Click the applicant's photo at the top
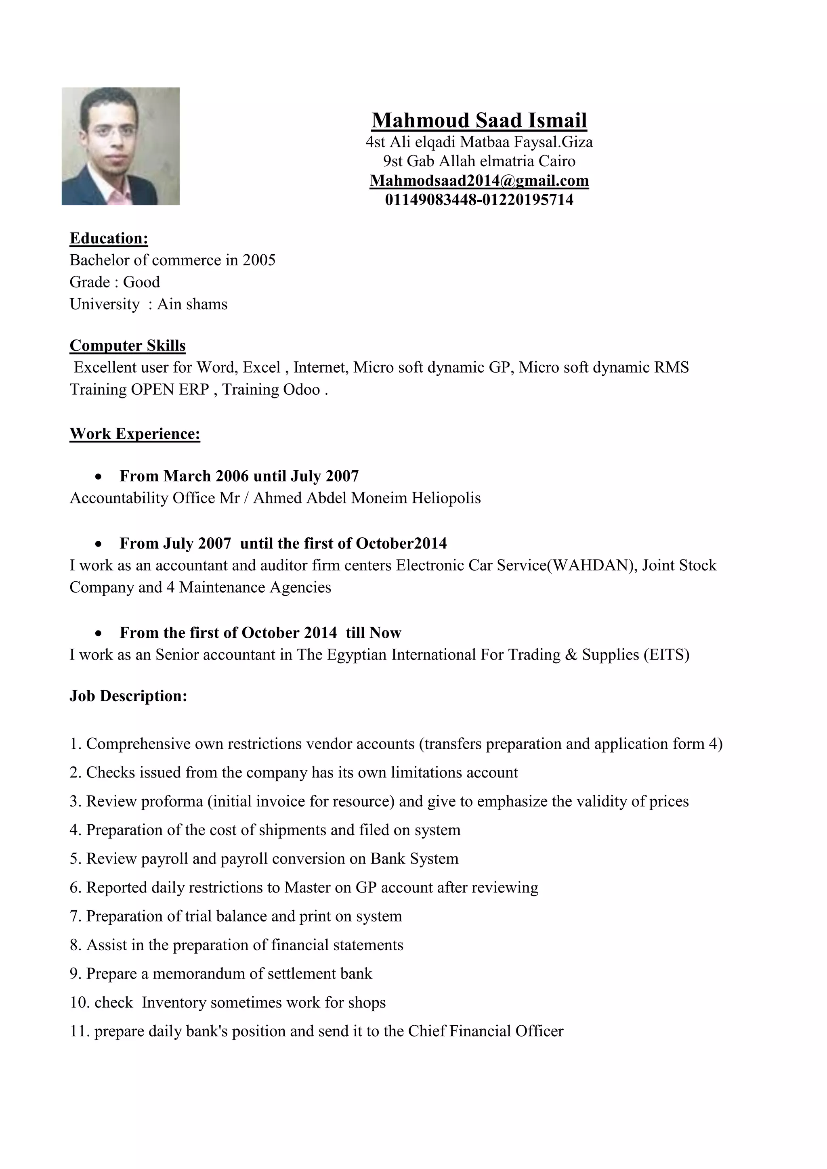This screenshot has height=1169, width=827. click(120, 146)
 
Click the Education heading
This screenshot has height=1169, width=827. click(109, 238)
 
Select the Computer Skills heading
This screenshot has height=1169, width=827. click(127, 345)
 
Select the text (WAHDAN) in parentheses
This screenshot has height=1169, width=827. click(591, 565)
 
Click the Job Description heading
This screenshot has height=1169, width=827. click(128, 696)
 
